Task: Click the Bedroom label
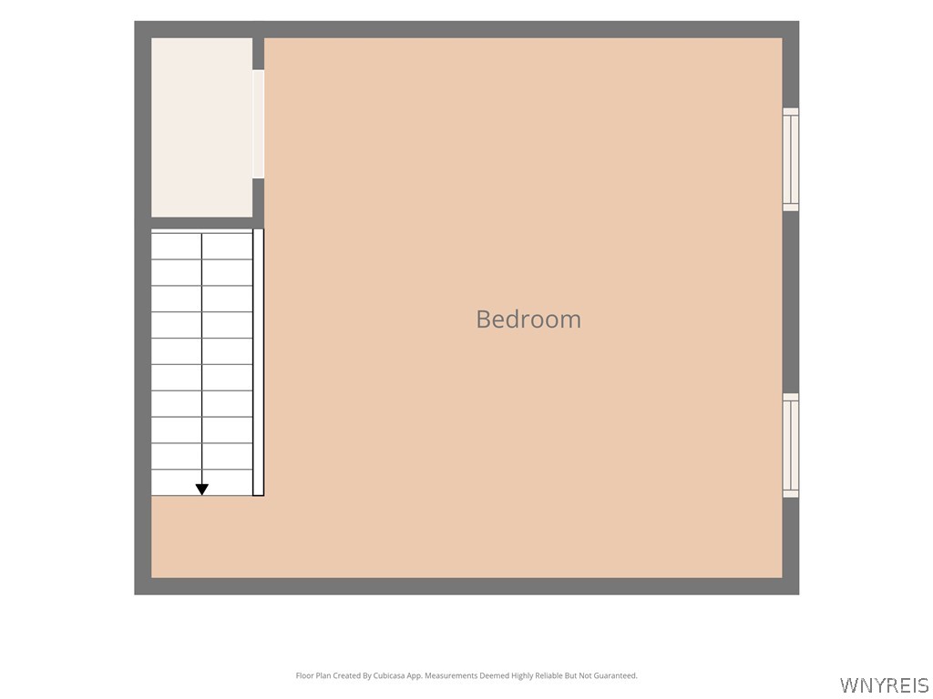point(528,319)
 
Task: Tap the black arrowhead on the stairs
point(201,489)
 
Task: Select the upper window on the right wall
point(790,159)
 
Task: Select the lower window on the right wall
point(790,445)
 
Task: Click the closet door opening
point(258,124)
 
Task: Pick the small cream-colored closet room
point(201,127)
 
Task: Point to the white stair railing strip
point(258,362)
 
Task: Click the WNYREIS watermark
point(884,685)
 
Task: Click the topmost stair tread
point(201,246)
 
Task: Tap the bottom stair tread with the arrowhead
point(201,482)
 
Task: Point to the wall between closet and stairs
point(201,224)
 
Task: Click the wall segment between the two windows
point(790,302)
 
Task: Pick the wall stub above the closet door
point(258,54)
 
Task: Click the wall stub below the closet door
point(258,198)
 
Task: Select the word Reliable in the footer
point(549,676)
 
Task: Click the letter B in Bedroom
point(483,319)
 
